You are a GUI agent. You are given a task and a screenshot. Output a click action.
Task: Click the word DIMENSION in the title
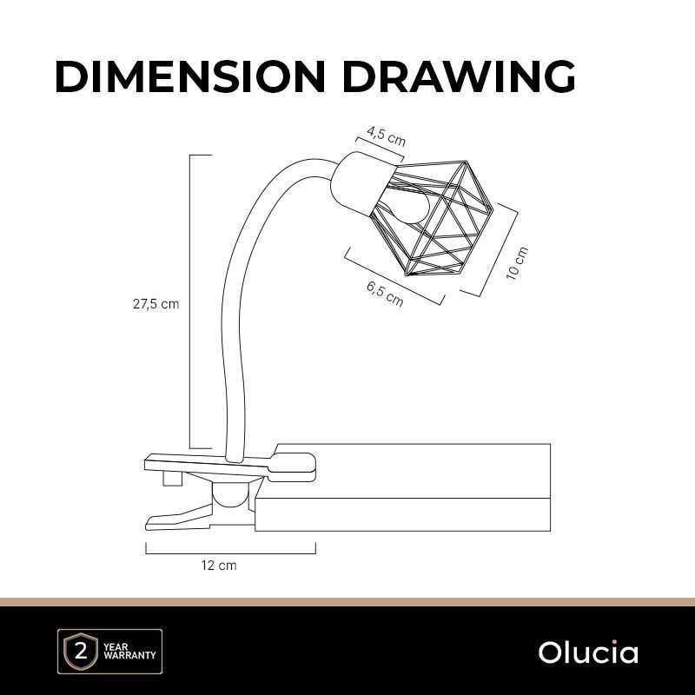pos(190,76)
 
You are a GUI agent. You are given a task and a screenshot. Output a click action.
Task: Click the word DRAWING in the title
pos(459,76)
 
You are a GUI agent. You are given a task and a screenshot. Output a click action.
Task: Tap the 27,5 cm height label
pos(156,304)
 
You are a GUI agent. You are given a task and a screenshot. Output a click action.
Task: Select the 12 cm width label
pos(219,566)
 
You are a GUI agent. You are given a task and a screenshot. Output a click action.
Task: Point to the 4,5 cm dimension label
pos(386,136)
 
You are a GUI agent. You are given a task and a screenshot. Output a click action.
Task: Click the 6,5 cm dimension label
pos(385,295)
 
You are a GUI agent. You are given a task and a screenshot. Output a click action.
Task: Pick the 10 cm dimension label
pos(517,263)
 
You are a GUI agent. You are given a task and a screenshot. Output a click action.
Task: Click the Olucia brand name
pos(588,652)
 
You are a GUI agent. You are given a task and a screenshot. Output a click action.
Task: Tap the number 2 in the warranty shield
pos(81,652)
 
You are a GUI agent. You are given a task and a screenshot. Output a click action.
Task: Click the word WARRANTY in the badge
pos(129,655)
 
